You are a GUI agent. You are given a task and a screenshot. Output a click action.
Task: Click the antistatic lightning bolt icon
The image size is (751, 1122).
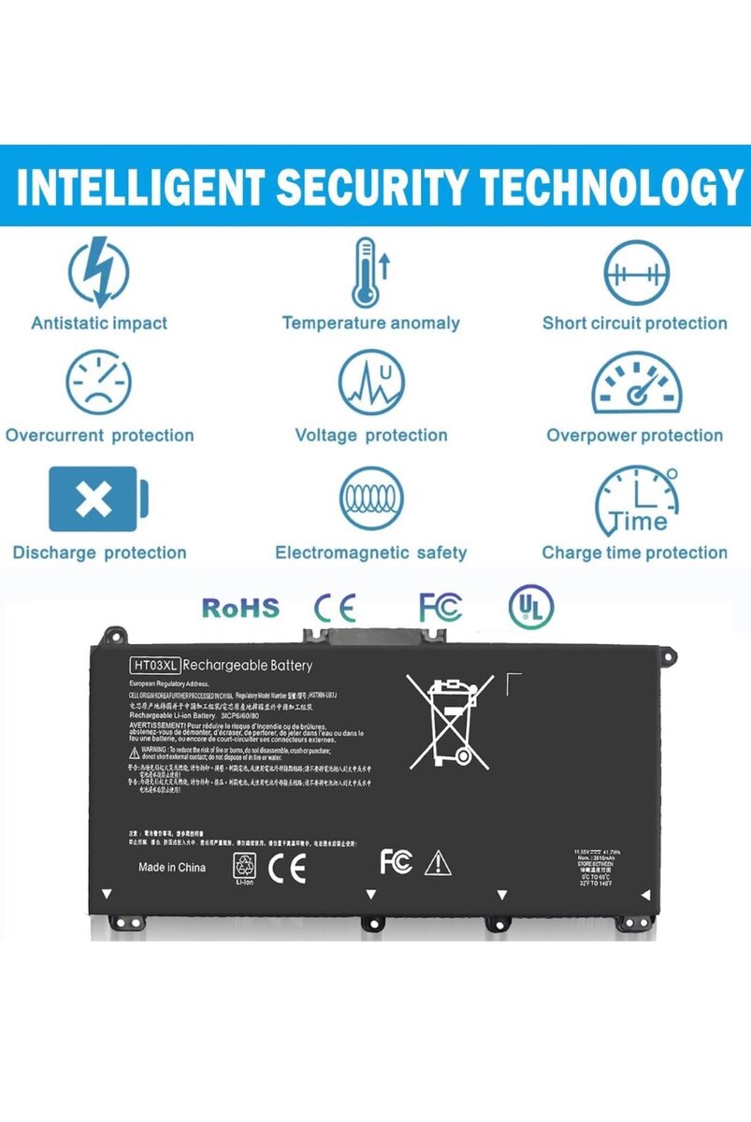pyautogui.click(x=99, y=272)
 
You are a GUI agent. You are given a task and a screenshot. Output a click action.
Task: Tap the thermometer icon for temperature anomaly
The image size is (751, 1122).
pyautogui.click(x=366, y=273)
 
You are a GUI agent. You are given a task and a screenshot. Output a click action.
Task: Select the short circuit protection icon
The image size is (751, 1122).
pyautogui.click(x=636, y=274)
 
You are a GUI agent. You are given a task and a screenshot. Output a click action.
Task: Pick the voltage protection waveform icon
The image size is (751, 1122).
pyautogui.click(x=370, y=384)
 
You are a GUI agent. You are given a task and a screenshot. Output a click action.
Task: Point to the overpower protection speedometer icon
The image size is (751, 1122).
pyautogui.click(x=636, y=383)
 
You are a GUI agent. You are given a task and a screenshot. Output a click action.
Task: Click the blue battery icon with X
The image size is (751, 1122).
pyautogui.click(x=98, y=499)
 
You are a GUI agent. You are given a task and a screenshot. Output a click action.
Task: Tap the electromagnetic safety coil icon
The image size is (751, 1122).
pyautogui.click(x=371, y=499)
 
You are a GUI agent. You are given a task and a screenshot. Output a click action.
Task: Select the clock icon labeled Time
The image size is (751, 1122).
pyautogui.click(x=636, y=499)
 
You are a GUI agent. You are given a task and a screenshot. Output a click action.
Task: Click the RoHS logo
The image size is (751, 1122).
pyautogui.click(x=240, y=608)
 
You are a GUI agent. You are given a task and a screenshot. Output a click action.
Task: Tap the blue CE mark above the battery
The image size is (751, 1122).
pyautogui.click(x=334, y=608)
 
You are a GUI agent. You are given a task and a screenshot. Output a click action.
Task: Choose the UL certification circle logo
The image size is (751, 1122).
pyautogui.click(x=530, y=608)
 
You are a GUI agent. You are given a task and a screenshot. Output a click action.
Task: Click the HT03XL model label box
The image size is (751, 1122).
pyautogui.click(x=153, y=666)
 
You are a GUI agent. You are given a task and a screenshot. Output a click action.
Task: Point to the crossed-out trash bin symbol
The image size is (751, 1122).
pyautogui.click(x=450, y=720)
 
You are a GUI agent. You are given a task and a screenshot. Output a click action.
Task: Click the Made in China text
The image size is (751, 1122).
pyautogui.click(x=172, y=868)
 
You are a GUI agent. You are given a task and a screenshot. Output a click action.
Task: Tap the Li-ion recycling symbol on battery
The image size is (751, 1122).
pyautogui.click(x=243, y=867)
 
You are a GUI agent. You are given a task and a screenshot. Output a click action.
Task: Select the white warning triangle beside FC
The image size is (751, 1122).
pyautogui.click(x=438, y=864)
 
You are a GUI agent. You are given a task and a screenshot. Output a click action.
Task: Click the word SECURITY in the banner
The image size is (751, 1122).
pyautogui.click(x=373, y=187)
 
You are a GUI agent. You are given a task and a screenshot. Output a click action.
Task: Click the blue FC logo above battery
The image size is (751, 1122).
pyautogui.click(x=440, y=608)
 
